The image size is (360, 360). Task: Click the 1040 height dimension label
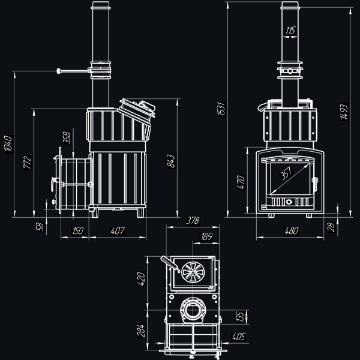[8, 144]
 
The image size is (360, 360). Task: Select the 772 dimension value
[28, 163]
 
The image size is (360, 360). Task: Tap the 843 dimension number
[171, 161]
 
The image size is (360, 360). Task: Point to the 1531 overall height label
[221, 109]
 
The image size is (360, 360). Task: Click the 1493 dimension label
[344, 112]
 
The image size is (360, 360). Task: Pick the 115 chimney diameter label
[290, 31]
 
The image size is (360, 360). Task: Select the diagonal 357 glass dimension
[286, 173]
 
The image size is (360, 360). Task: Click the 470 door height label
[241, 182]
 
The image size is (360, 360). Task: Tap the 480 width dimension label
[292, 231]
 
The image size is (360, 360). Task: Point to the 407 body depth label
[118, 231]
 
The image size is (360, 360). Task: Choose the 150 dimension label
[78, 231]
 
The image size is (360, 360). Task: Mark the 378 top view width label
[193, 221]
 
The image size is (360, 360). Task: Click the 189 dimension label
[206, 237]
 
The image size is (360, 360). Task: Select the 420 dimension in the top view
[141, 279]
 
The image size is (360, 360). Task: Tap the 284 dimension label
[141, 331]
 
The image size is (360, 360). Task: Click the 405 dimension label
[239, 337]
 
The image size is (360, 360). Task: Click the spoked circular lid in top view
[193, 272]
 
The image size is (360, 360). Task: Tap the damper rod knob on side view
[59, 71]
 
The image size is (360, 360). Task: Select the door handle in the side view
[53, 184]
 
